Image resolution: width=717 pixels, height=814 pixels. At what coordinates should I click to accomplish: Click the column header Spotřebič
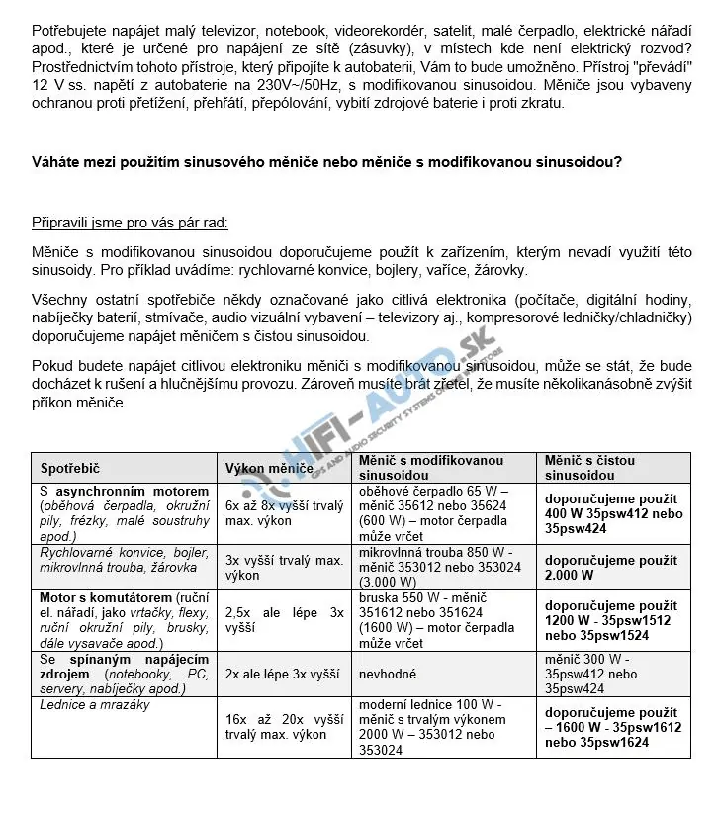click(x=70, y=467)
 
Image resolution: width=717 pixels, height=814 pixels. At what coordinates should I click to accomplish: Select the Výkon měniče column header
click(x=269, y=467)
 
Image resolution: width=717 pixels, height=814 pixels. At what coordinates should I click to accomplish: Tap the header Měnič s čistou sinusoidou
click(x=589, y=467)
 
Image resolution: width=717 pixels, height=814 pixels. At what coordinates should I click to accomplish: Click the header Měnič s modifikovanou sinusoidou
click(x=430, y=467)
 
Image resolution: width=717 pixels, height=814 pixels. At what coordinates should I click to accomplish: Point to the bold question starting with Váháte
click(x=326, y=162)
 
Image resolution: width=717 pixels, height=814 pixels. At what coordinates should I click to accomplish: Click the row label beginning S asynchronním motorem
click(x=125, y=491)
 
